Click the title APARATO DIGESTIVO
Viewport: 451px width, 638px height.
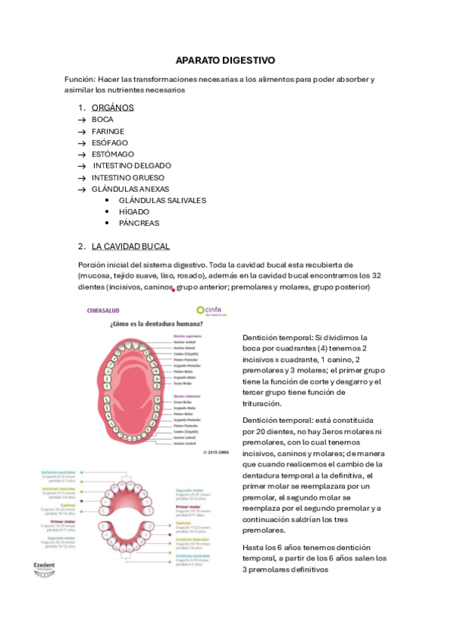[225, 59]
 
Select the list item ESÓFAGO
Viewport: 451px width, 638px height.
[110, 142]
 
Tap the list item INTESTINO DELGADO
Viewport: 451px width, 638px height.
[132, 166]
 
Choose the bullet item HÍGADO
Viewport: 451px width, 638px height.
[134, 211]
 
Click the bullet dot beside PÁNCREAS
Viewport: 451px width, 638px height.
[109, 223]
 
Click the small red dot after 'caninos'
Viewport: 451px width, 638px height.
[175, 290]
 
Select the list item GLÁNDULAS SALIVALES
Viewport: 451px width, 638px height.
[162, 200]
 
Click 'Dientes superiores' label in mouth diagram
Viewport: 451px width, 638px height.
[190, 336]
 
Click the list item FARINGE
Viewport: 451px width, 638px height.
[108, 131]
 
